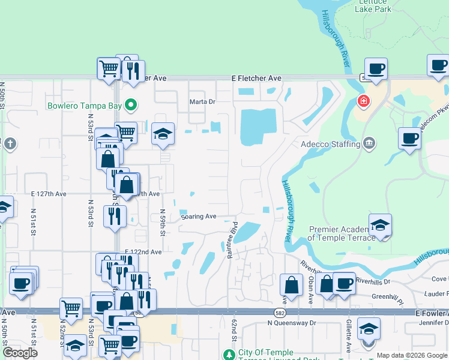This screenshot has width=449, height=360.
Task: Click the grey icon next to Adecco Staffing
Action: click(369, 143)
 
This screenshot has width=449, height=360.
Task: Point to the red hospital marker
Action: click(363, 101)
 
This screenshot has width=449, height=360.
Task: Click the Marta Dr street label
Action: click(202, 101)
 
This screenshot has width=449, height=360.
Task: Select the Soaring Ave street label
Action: click(198, 216)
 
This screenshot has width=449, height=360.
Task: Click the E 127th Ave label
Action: click(49, 194)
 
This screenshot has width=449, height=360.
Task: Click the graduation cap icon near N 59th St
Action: click(163, 134)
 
